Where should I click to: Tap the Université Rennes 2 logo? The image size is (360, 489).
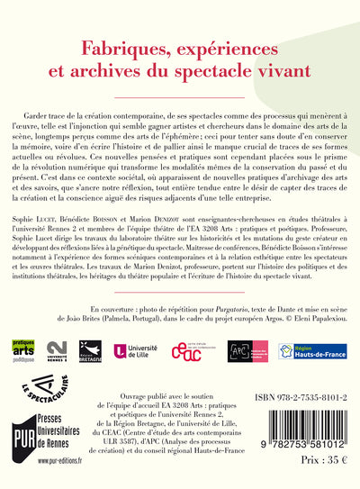click(56, 350)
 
